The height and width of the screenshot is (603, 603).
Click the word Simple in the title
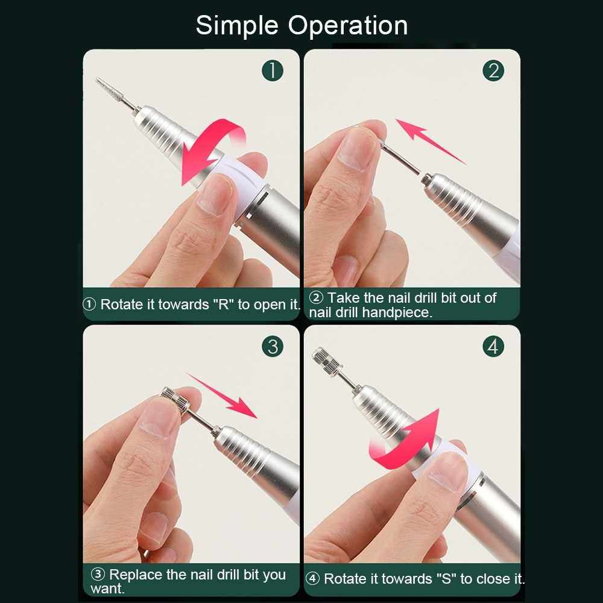[x=237, y=26]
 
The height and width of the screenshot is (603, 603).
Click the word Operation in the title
[x=348, y=25]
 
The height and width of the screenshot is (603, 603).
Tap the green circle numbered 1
[x=273, y=71]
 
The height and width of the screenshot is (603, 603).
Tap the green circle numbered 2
[x=493, y=71]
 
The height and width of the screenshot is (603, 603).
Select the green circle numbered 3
[x=273, y=347]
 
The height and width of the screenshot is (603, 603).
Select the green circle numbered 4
[x=493, y=347]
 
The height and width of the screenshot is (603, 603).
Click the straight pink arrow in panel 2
[x=430, y=140]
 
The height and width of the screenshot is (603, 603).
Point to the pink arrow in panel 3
[x=223, y=395]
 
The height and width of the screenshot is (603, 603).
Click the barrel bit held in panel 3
[x=175, y=399]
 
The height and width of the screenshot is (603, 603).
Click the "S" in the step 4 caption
[x=446, y=579]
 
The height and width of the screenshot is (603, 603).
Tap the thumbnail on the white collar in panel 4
[x=447, y=471]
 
